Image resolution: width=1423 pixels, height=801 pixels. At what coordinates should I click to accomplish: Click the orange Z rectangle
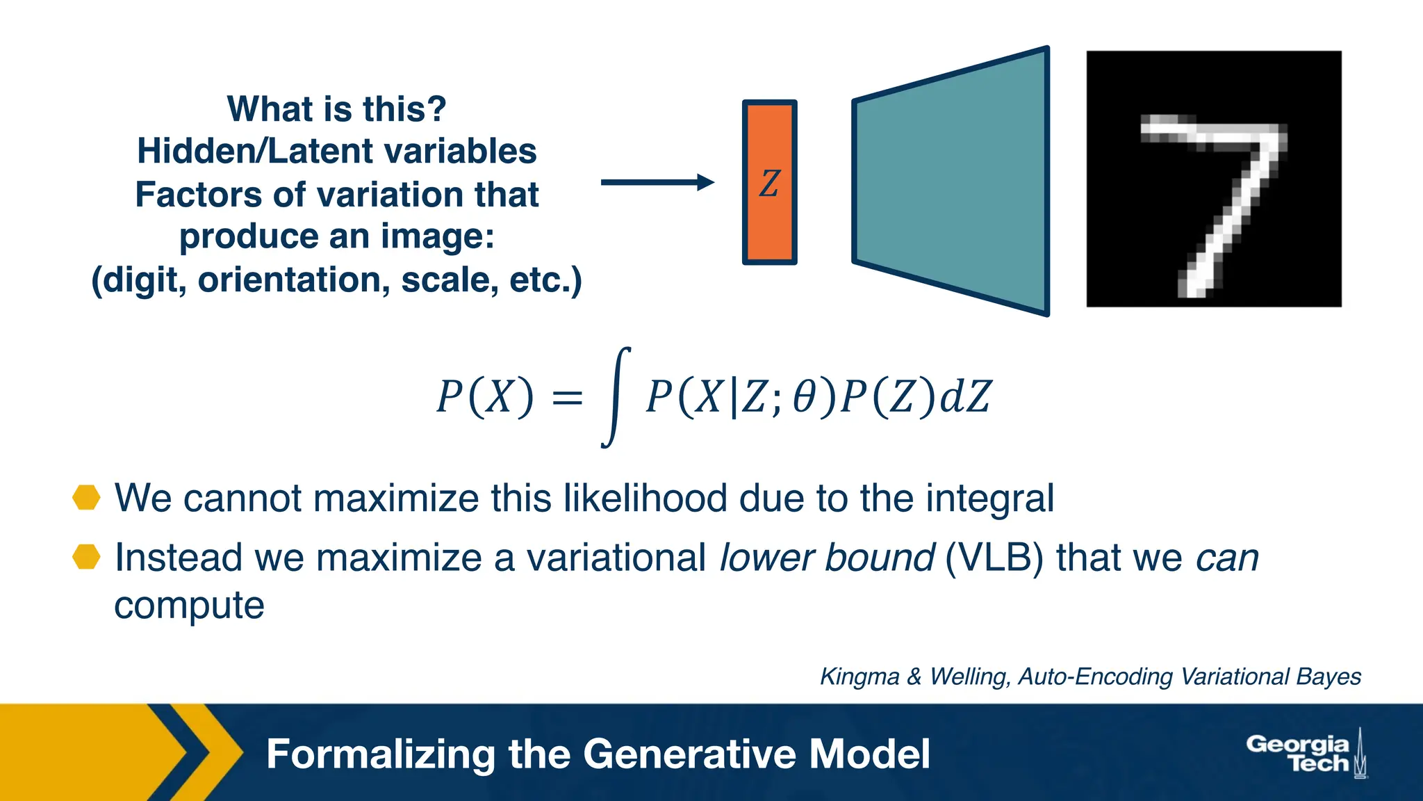point(769,182)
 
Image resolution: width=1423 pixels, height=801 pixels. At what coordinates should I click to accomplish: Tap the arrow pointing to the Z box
point(657,182)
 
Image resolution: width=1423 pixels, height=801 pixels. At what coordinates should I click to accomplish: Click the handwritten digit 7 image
point(1214,179)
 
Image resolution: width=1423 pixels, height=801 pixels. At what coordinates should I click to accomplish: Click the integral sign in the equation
point(616,398)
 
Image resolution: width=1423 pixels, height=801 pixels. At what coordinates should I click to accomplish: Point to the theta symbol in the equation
point(804,398)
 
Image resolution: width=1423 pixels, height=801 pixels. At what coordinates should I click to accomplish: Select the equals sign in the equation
point(567,398)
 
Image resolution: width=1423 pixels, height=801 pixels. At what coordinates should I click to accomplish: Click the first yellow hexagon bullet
point(87,498)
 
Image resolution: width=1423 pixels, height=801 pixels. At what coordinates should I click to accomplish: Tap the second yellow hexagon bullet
point(87,557)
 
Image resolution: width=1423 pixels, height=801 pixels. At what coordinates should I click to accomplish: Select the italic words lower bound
point(826,558)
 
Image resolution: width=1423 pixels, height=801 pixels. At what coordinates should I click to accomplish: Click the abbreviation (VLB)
point(994,558)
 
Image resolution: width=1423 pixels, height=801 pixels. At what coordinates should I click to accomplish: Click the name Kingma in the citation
point(859,677)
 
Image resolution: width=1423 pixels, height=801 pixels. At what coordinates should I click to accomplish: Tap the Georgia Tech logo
point(1305,754)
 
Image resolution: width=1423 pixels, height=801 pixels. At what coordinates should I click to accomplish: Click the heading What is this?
point(336,109)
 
